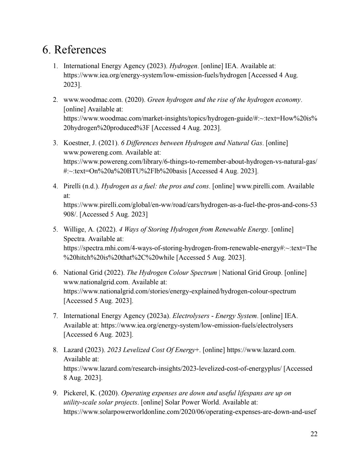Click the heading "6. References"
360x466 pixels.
pos(74,50)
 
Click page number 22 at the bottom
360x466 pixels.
pos(314,434)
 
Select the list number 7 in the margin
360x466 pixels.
pos(55,316)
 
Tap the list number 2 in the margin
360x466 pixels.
pos(55,100)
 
